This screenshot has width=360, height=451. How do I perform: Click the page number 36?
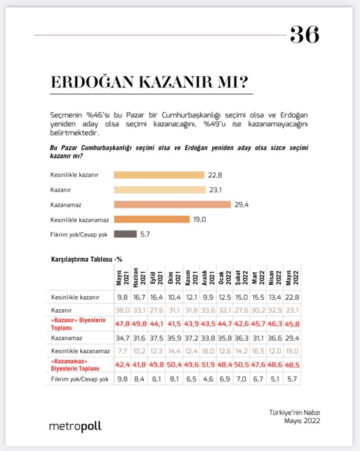pos(304,35)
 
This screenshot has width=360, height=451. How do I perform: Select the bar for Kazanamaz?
pos(172,204)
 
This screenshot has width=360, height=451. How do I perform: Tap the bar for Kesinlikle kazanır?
pos(159,175)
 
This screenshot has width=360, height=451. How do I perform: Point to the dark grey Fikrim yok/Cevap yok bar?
pos(125,234)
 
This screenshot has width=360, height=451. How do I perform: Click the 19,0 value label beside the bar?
pos(200,219)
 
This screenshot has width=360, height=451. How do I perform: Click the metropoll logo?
pos(75,427)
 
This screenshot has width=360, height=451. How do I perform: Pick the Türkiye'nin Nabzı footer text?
pos(297,412)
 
